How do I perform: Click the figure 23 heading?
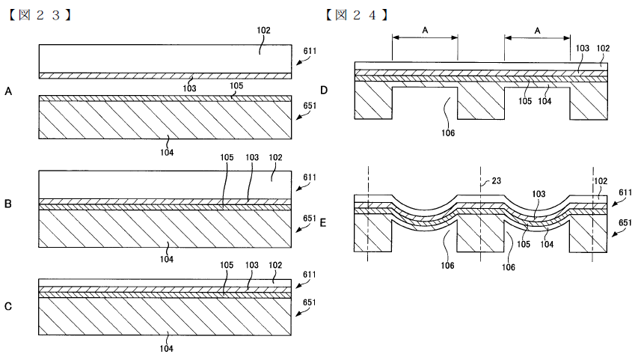[39, 15]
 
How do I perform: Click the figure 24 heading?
[356, 15]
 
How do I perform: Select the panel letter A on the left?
[8, 91]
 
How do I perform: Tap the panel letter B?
[7, 204]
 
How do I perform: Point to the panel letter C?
[8, 306]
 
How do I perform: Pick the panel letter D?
[324, 91]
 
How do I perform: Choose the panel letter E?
[323, 223]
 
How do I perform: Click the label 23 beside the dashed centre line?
[496, 180]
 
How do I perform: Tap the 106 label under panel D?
[448, 133]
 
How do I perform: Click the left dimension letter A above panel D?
[425, 30]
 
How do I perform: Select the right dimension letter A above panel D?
[538, 30]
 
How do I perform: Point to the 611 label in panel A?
[310, 51]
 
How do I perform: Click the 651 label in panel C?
[310, 302]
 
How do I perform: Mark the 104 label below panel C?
[166, 349]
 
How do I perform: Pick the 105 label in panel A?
[236, 85]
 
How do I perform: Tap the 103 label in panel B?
[252, 157]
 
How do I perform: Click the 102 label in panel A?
[264, 30]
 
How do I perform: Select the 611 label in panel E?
[625, 192]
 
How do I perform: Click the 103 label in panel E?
[539, 194]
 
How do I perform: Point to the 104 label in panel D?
[545, 101]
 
